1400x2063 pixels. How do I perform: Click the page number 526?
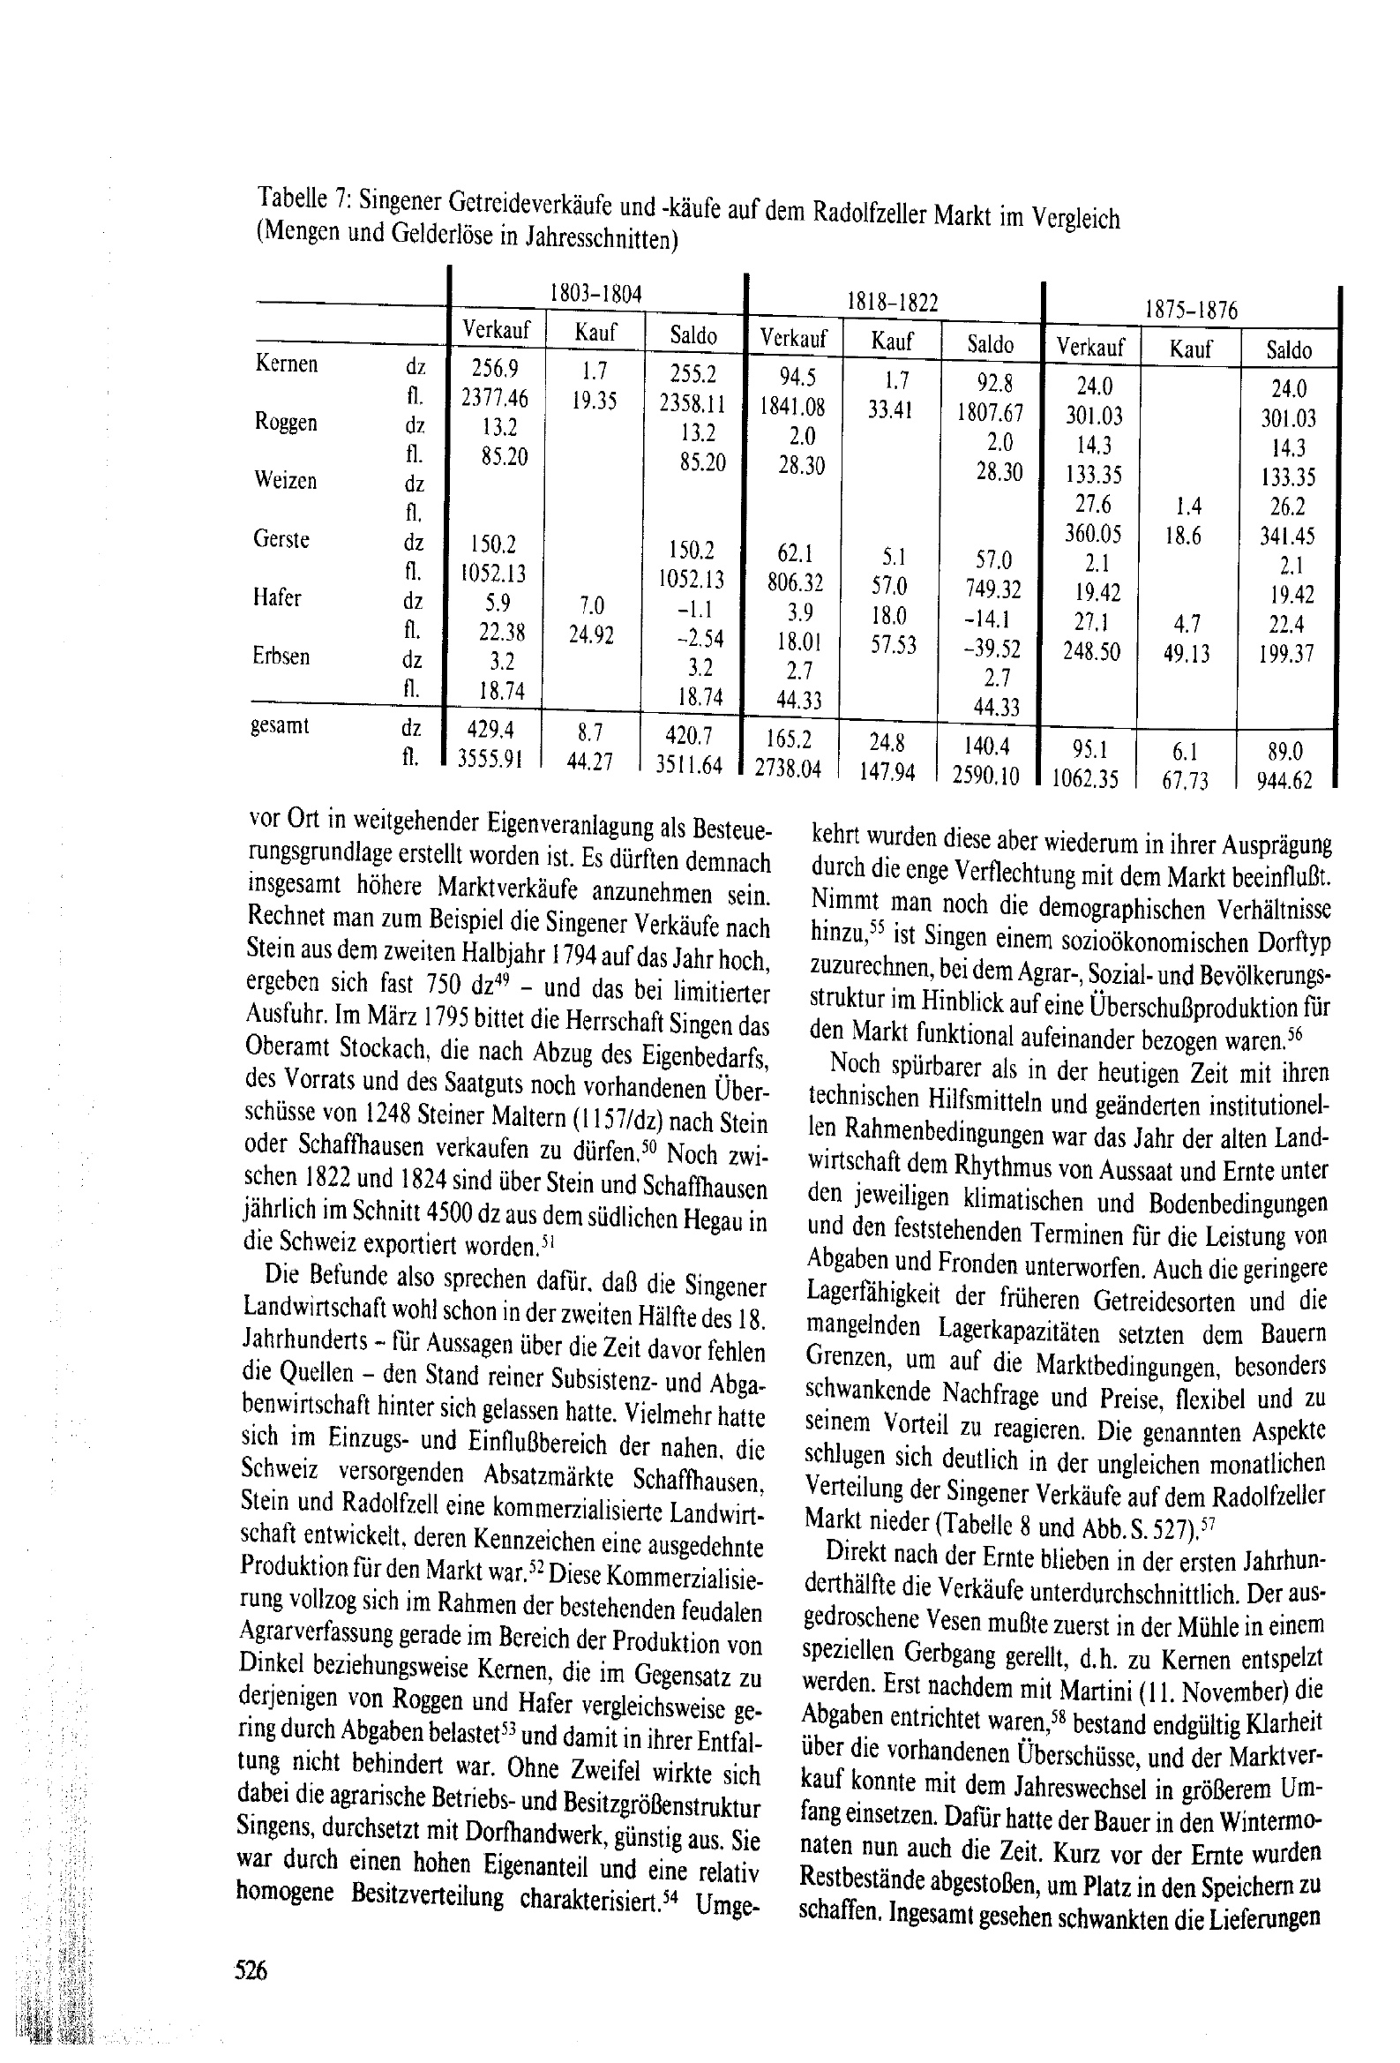(251, 1969)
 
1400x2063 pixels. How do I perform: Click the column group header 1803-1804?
(595, 294)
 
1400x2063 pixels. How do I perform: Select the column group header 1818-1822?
(893, 303)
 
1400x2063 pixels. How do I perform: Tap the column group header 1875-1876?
(1191, 311)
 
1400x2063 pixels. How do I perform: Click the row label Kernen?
(286, 364)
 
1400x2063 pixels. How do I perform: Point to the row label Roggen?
(285, 423)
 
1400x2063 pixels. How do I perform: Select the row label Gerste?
(281, 540)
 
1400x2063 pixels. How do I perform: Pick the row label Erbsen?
(281, 656)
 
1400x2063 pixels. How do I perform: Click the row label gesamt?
(281, 726)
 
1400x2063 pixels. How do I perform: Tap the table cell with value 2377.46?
(495, 399)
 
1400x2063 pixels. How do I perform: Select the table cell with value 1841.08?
(793, 408)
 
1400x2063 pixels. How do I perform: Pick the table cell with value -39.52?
(992, 649)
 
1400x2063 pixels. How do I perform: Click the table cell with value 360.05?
(1093, 535)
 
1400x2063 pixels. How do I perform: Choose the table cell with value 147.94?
(886, 771)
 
